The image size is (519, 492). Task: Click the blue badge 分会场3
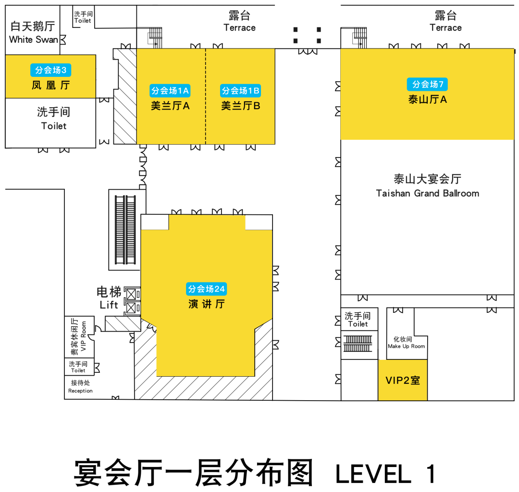click(x=51, y=70)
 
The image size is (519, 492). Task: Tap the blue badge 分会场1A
click(x=171, y=90)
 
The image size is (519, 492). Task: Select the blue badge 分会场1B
click(x=241, y=90)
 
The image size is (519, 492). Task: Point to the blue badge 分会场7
click(x=428, y=85)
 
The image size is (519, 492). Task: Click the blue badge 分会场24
click(x=206, y=289)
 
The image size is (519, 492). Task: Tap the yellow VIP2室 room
click(x=403, y=380)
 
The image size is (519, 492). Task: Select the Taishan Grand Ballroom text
click(x=427, y=193)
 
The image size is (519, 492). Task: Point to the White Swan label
click(x=34, y=39)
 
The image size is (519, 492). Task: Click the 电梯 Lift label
click(x=109, y=298)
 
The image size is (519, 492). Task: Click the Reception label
click(x=80, y=391)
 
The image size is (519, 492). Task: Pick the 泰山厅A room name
click(x=428, y=100)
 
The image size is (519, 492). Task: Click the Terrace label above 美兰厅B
click(x=239, y=28)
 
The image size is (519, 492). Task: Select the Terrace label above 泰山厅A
click(x=445, y=28)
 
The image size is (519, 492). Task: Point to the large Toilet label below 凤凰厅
click(x=54, y=126)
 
